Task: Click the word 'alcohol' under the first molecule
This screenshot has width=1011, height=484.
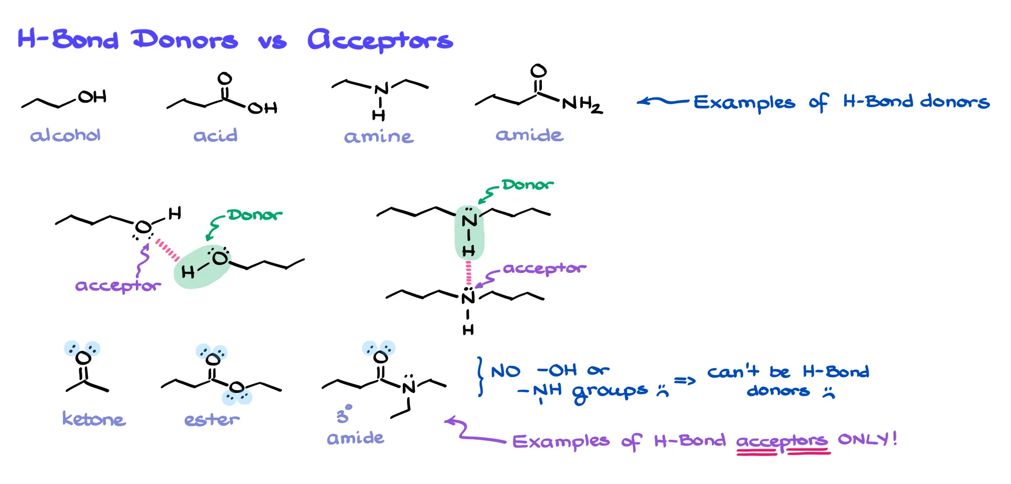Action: (x=65, y=136)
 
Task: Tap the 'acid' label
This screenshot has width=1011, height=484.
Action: (x=215, y=136)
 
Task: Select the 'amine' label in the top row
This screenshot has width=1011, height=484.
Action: (x=379, y=137)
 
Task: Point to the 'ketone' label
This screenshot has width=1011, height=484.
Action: (x=94, y=419)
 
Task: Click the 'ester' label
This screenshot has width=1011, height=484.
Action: (x=212, y=420)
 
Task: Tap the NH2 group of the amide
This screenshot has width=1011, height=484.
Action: (x=582, y=104)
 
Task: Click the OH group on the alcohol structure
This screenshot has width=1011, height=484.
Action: (x=93, y=97)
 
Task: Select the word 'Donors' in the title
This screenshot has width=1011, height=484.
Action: (x=184, y=40)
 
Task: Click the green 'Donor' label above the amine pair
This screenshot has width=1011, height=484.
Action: (x=527, y=185)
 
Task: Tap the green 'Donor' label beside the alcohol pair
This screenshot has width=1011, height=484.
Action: (x=254, y=215)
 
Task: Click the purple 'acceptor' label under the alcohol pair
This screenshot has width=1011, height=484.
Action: (x=118, y=286)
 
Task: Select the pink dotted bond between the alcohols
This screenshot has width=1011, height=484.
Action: (x=167, y=250)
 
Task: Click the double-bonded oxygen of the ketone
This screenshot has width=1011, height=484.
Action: (x=83, y=358)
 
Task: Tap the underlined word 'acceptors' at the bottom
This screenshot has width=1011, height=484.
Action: (x=781, y=441)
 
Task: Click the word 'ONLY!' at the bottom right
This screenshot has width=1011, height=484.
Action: (x=867, y=439)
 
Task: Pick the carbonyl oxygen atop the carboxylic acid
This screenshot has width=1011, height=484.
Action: (x=225, y=79)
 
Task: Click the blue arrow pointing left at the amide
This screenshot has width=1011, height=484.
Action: (x=662, y=101)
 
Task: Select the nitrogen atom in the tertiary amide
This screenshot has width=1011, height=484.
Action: (x=409, y=388)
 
